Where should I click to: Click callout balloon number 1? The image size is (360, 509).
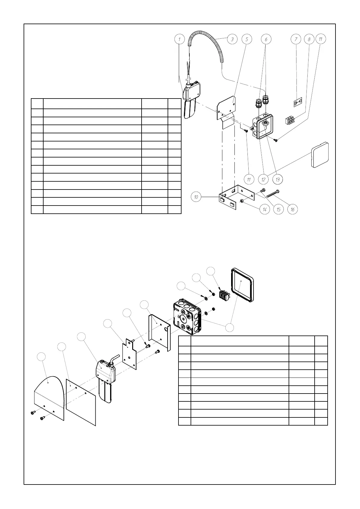(180, 39)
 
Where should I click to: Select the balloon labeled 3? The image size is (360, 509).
(232, 39)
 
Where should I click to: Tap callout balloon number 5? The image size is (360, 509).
(247, 39)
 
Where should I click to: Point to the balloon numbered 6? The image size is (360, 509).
(266, 39)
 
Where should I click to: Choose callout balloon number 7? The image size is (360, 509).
(296, 39)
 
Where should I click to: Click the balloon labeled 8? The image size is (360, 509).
(309, 39)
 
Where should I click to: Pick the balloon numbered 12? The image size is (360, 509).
(263, 179)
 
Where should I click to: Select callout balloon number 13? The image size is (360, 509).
(277, 179)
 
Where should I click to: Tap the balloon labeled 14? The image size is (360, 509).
(264, 209)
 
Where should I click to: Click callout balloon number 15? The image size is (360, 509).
(278, 209)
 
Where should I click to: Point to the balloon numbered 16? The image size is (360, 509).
(293, 209)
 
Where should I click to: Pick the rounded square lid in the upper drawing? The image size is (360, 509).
(320, 155)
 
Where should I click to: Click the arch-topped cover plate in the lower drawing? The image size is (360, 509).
(48, 396)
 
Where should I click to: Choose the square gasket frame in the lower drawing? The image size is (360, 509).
(242, 285)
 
